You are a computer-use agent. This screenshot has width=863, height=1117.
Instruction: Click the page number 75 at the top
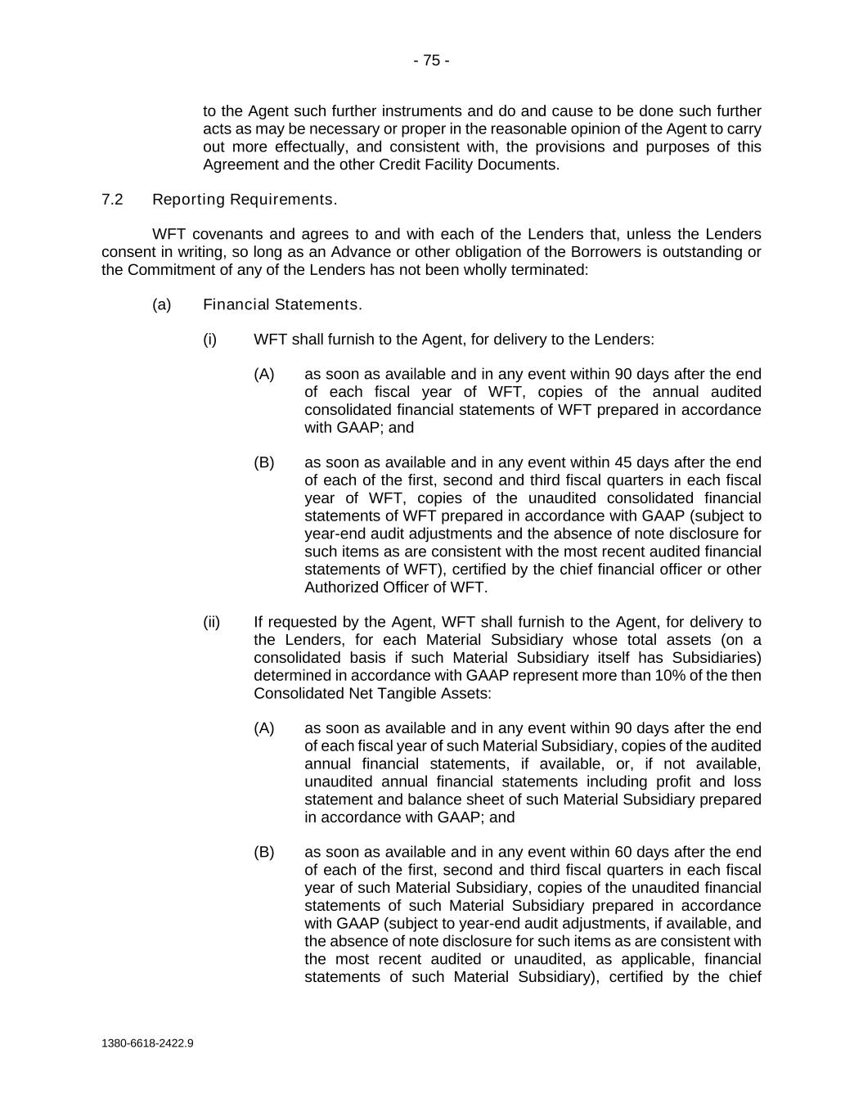pyautogui.click(x=431, y=61)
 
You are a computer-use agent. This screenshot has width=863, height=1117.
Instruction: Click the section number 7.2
pyautogui.click(x=112, y=200)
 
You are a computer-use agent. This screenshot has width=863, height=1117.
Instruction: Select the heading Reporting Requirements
pyautogui.click(x=245, y=200)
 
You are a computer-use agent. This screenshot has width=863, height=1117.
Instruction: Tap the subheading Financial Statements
pyautogui.click(x=282, y=304)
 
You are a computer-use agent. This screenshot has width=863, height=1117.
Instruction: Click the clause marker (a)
pyautogui.click(x=162, y=304)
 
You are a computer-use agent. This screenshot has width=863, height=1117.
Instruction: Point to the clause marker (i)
pyautogui.click(x=210, y=339)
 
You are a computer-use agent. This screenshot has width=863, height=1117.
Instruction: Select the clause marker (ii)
pyautogui.click(x=212, y=622)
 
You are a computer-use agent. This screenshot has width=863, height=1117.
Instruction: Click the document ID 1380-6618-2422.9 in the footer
pyautogui.click(x=148, y=1043)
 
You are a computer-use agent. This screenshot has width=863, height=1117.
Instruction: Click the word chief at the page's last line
pyautogui.click(x=744, y=976)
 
